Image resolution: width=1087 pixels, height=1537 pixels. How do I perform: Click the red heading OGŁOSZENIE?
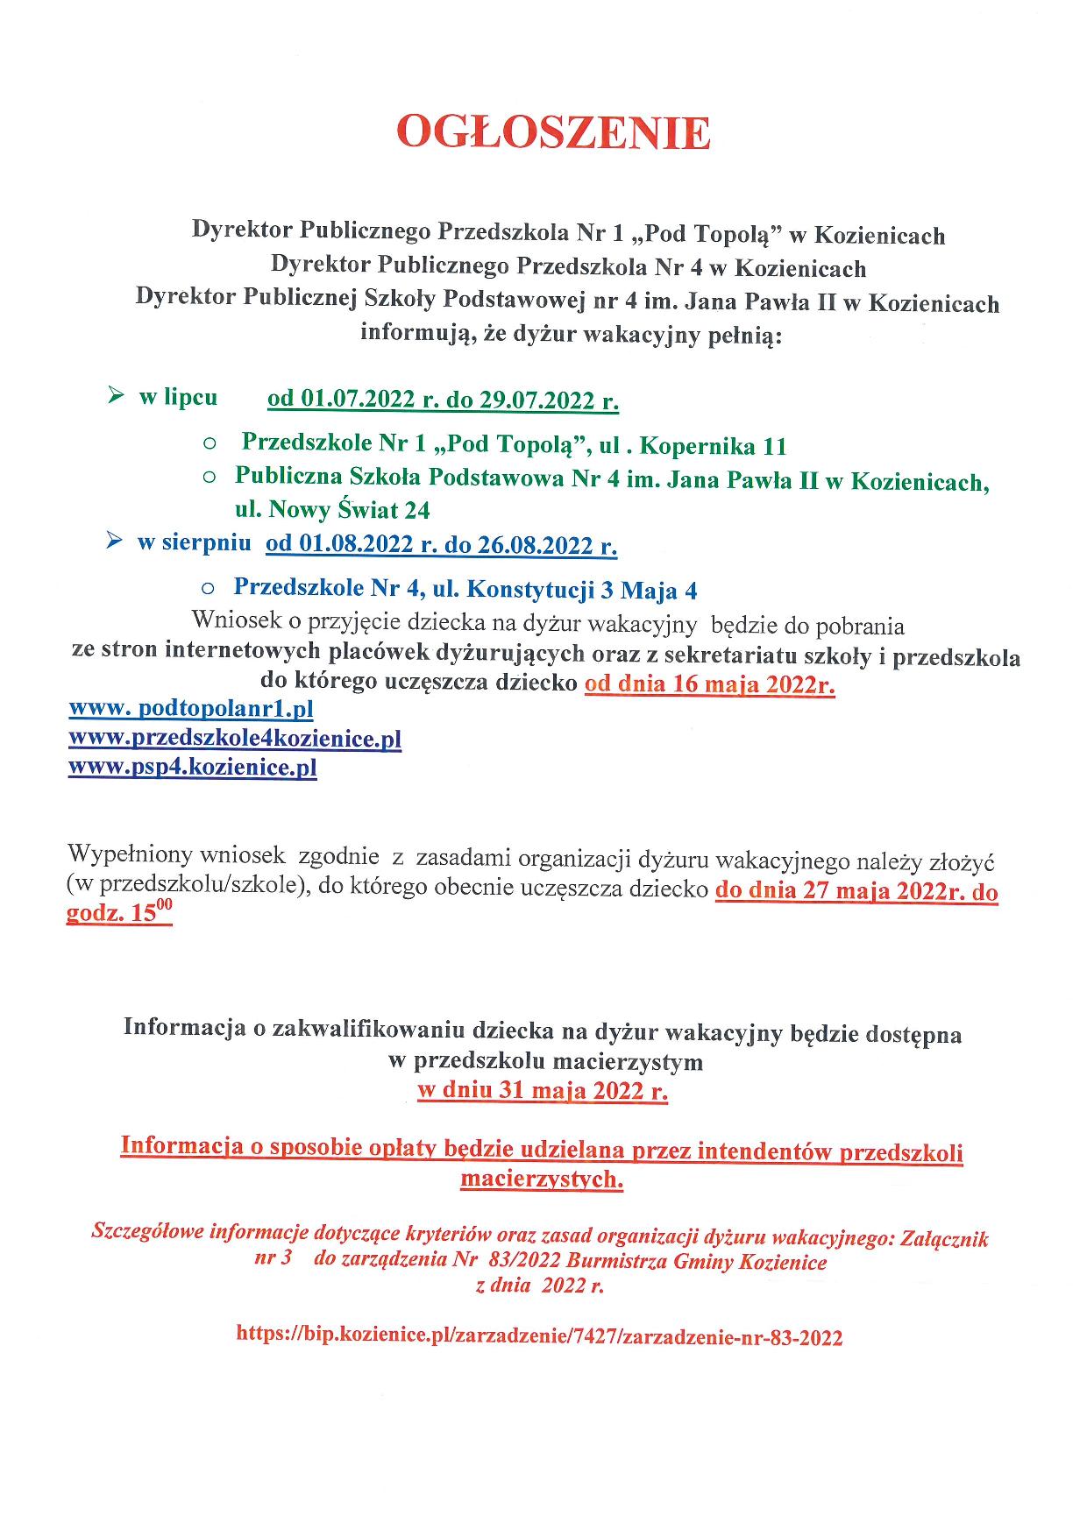pyautogui.click(x=552, y=134)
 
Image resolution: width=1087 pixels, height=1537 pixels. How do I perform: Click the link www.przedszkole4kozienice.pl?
pyautogui.click(x=235, y=738)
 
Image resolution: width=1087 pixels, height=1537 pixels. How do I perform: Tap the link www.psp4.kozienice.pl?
pyautogui.click(x=193, y=768)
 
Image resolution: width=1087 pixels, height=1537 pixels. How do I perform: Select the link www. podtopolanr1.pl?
pyautogui.click(x=191, y=708)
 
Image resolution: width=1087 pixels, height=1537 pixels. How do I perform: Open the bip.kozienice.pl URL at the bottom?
pyautogui.click(x=539, y=1337)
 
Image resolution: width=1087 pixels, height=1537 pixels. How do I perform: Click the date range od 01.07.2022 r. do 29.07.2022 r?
pyautogui.click(x=443, y=400)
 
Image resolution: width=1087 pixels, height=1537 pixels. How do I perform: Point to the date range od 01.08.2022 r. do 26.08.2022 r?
pyautogui.click(x=441, y=544)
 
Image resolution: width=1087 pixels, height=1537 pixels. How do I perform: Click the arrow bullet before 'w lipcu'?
pyautogui.click(x=115, y=397)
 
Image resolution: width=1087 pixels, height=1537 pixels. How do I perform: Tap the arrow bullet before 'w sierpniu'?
pyautogui.click(x=113, y=542)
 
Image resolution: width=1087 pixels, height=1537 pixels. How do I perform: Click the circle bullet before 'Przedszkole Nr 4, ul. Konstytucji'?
pyautogui.click(x=208, y=591)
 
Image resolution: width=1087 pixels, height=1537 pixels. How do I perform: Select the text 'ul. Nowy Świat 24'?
pyautogui.click(x=332, y=509)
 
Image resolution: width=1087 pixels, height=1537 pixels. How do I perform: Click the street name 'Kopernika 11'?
pyautogui.click(x=714, y=446)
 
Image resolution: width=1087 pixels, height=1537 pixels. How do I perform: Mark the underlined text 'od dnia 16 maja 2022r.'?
pyautogui.click(x=709, y=684)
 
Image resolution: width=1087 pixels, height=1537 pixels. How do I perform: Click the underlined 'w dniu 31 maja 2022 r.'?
pyautogui.click(x=543, y=1092)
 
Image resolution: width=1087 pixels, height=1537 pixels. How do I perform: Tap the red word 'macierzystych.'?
pyautogui.click(x=542, y=1179)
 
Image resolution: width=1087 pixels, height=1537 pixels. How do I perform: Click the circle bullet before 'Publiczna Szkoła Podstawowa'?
pyautogui.click(x=208, y=478)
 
